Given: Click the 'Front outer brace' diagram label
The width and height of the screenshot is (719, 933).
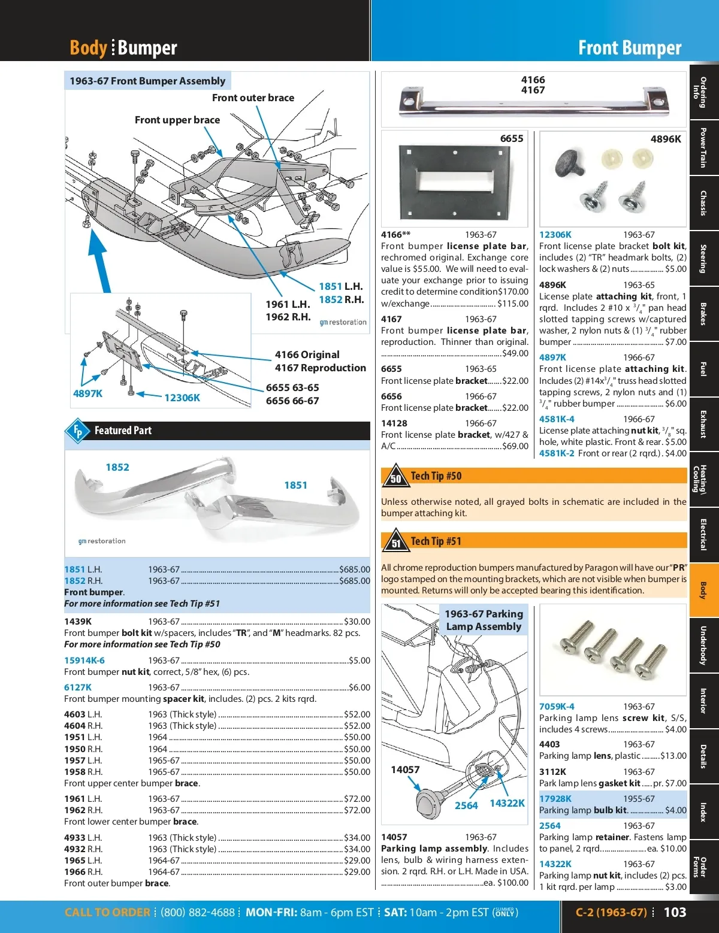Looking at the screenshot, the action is pos(253,98).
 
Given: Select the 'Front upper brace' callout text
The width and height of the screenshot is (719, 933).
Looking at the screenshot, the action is pos(177,120).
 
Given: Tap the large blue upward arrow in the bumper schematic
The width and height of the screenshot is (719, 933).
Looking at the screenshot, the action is pos(99,262).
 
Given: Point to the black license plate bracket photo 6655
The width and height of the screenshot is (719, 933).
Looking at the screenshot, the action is pos(455,182).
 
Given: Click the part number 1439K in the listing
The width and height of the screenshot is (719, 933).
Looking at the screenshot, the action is pos(78,621).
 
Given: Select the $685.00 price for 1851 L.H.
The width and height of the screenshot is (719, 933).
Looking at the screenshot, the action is pos(354,570).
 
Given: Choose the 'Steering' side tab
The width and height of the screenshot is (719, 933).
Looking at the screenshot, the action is pos(703,259).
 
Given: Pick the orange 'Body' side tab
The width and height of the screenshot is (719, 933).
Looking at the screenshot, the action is pos(703,590).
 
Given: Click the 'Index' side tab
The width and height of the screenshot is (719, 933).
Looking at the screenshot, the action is pos(703,811).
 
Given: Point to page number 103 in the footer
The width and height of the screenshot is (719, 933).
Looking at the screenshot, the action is pos(675,912).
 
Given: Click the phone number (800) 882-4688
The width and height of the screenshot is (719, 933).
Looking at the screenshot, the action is pos(198,912).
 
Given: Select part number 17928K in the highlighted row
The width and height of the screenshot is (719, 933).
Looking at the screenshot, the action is pos(555,799).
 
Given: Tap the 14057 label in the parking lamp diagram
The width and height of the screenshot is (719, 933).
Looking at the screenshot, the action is pos(405,770).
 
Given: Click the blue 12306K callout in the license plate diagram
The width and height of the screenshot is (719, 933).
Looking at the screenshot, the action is pos(182,398).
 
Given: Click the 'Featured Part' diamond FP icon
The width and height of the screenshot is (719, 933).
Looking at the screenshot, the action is pos(77,431).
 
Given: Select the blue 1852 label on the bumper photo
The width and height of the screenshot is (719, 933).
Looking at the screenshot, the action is pos(117,467).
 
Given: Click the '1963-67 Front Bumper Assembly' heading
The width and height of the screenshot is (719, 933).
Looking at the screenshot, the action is pos(147,81).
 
